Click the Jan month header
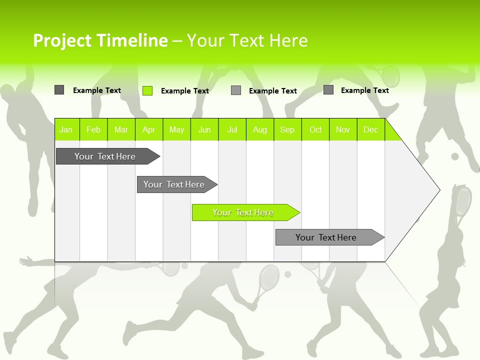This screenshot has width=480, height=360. [66, 129]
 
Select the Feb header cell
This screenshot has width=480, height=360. [93, 129]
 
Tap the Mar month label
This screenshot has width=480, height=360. [121, 129]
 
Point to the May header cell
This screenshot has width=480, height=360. [176, 129]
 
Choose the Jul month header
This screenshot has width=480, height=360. [232, 129]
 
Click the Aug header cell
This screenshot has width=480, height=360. [259, 129]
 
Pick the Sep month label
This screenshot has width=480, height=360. [287, 129]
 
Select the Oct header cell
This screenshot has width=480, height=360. [315, 129]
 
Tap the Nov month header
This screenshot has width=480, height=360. [343, 129]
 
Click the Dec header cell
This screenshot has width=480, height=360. [370, 129]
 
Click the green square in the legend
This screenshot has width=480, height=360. [147, 90]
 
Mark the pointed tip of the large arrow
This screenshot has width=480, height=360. [439, 189]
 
